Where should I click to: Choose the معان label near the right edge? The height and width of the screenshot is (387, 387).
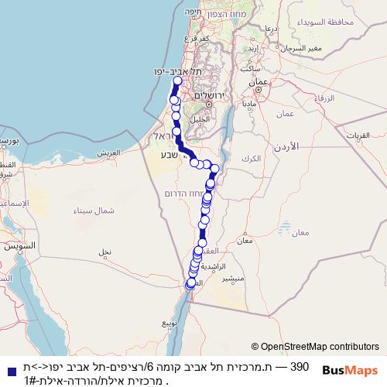[300, 232]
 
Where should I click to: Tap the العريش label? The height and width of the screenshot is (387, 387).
[111, 152]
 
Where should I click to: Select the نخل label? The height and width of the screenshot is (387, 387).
[104, 252]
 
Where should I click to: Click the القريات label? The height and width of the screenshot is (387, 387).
[372, 135]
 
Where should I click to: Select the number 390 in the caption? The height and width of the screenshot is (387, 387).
[300, 366]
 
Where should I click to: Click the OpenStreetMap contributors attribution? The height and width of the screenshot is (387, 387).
[315, 346]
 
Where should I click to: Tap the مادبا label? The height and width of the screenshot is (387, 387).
[248, 102]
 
